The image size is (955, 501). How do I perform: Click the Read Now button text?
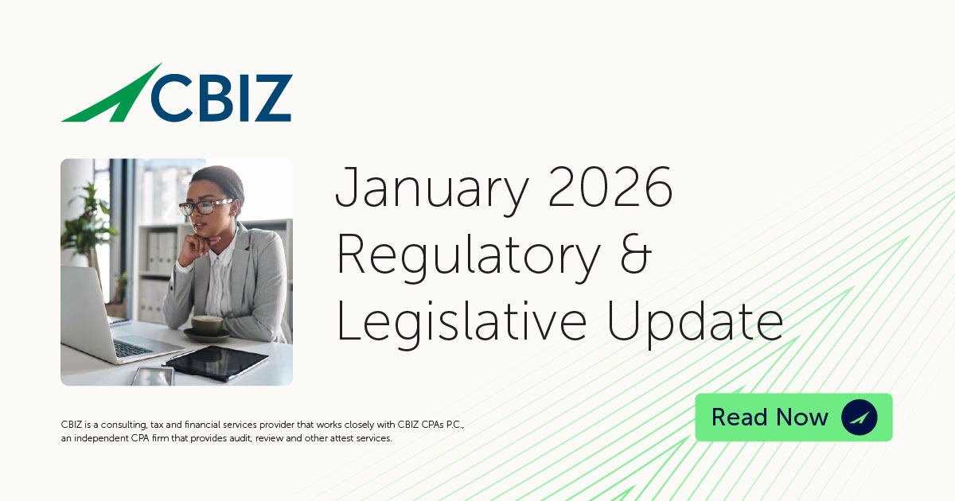(770, 417)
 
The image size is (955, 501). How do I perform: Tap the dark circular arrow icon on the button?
(859, 417)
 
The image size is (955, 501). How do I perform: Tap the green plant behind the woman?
(88, 223)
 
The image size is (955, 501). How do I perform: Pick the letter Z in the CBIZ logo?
(271, 98)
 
